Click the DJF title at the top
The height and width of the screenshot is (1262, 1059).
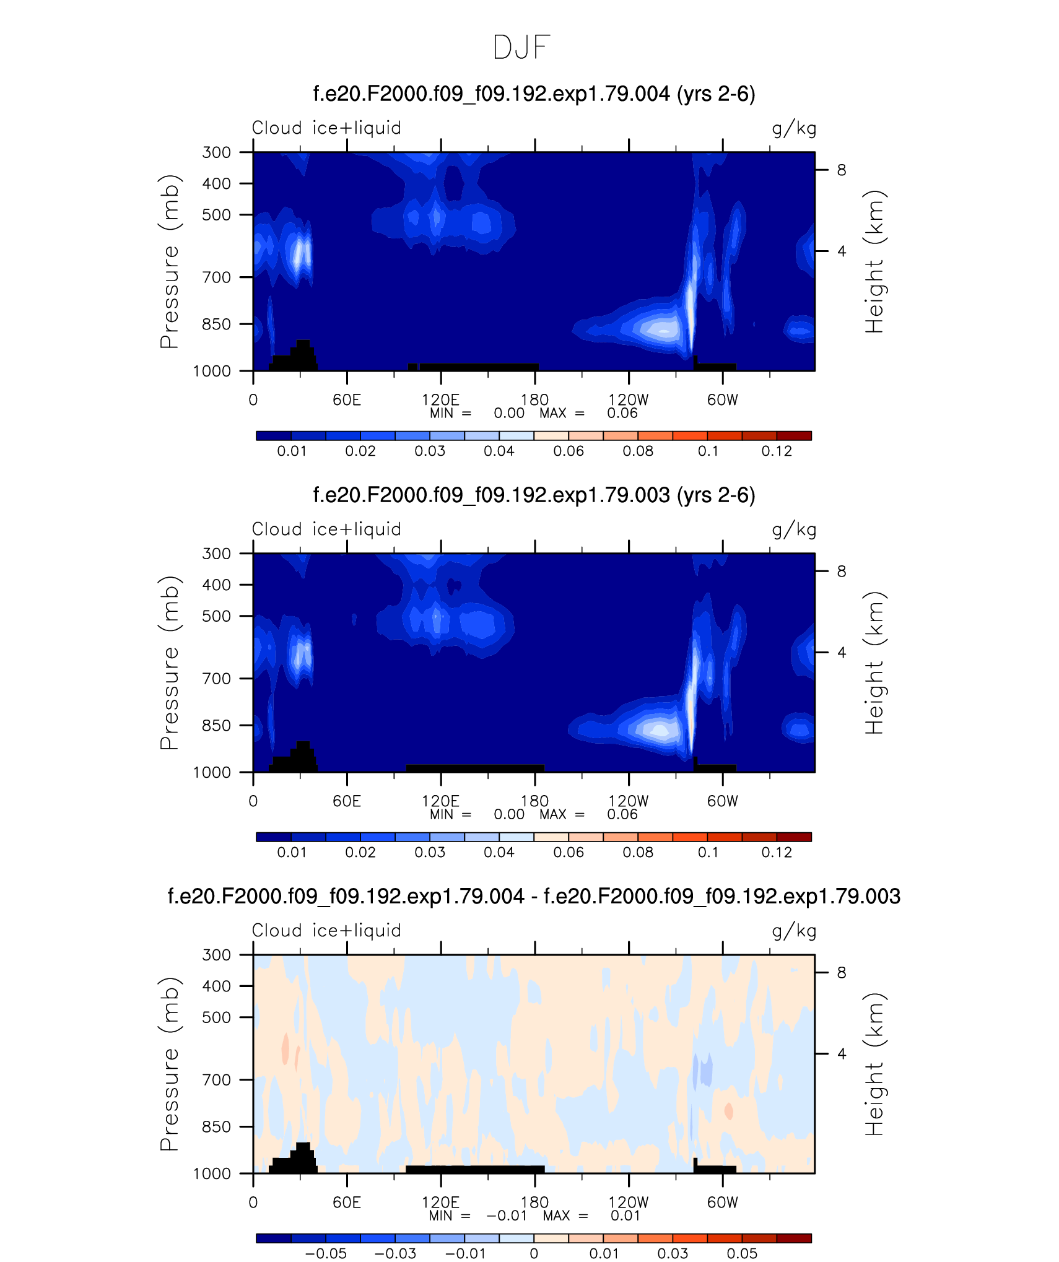(521, 48)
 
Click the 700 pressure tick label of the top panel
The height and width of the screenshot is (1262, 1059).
(217, 277)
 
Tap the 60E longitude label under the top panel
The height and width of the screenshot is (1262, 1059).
(347, 400)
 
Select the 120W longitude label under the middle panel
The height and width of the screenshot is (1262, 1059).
(629, 801)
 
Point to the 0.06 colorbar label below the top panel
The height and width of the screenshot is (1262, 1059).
(569, 451)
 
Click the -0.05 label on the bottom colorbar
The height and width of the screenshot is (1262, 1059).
(326, 1254)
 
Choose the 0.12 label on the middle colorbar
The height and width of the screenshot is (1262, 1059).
(777, 853)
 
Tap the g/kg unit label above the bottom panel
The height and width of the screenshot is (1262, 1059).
(794, 931)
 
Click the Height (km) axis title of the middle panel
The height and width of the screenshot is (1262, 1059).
(874, 663)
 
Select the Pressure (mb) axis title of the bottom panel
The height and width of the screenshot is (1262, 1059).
(169, 1064)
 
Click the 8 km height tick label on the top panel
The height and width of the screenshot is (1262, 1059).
(842, 170)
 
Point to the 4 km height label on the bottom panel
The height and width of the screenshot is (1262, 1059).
(842, 1054)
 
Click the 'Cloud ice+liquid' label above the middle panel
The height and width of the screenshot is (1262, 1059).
(326, 529)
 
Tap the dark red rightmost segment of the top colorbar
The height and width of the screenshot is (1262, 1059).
(794, 436)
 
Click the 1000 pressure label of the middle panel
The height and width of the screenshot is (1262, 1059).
(212, 772)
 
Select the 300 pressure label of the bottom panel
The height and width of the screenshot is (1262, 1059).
(217, 955)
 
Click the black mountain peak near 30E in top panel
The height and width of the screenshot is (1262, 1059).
(303, 342)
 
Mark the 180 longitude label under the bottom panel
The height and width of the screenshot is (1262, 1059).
(534, 1203)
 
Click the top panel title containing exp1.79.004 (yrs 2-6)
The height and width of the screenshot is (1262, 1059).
(534, 95)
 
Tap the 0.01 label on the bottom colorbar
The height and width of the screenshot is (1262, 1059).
(604, 1254)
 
